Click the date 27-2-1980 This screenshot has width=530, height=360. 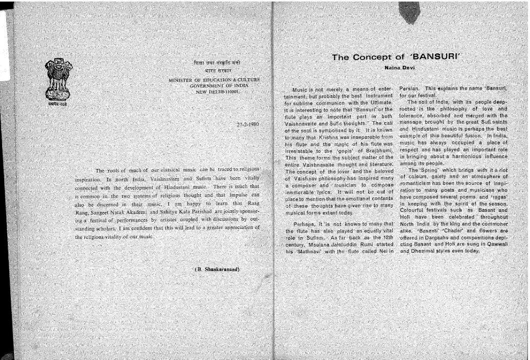pos(247,125)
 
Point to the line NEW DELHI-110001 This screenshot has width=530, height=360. pos(217,91)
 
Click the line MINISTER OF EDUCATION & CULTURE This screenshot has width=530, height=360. pos(214,80)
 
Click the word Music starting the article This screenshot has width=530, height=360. pos(301,90)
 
